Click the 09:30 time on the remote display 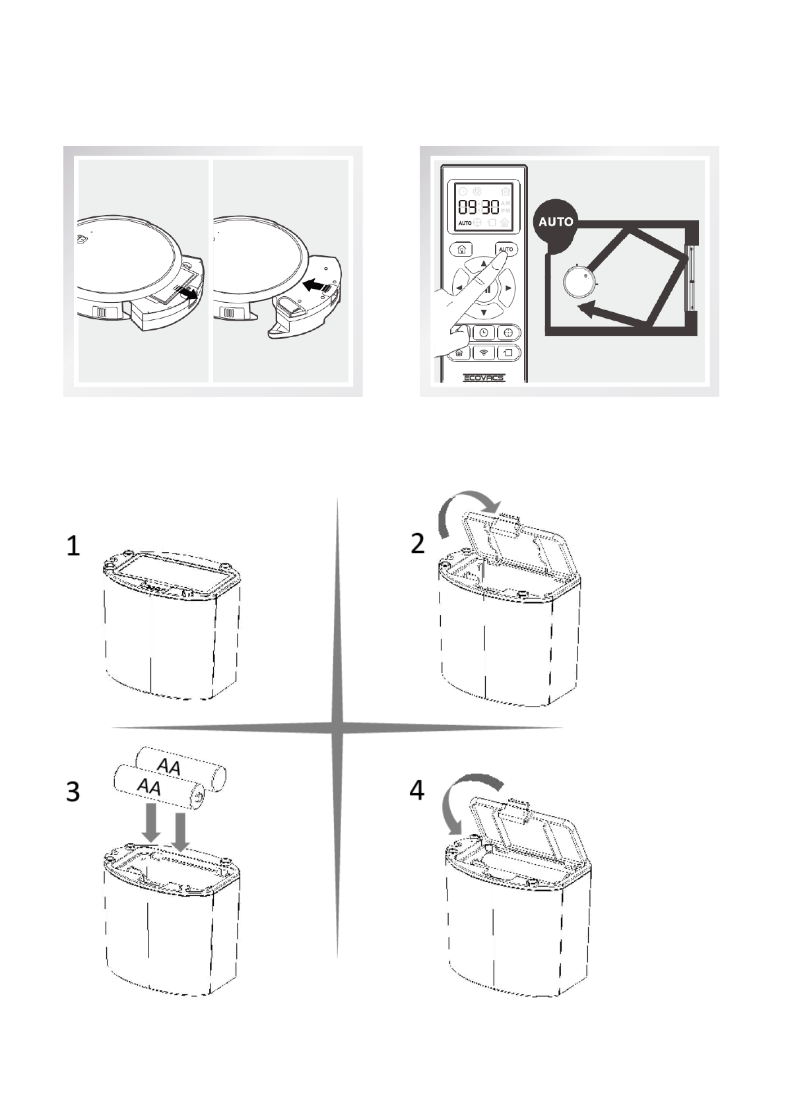[479, 206]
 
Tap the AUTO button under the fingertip [506, 249]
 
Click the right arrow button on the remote [508, 288]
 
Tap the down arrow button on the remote [484, 312]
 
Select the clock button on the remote [484, 333]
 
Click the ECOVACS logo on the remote [483, 378]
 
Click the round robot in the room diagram [579, 282]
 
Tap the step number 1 [73, 546]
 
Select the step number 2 [418, 544]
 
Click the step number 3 [73, 791]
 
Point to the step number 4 [416, 790]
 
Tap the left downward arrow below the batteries [152, 821]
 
